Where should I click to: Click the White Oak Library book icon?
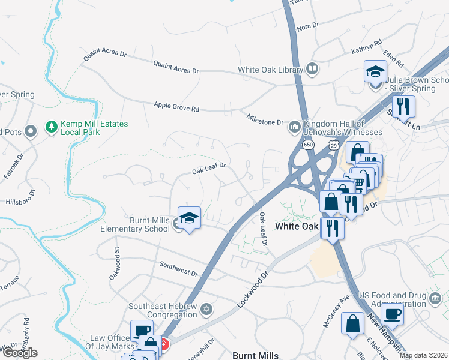tap(312, 70)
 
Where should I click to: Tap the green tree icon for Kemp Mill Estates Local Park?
tap(51, 128)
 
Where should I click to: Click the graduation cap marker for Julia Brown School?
tap(375, 73)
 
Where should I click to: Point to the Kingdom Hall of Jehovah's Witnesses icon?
tap(294, 127)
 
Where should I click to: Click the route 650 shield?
tap(308, 145)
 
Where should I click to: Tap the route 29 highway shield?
tap(334, 145)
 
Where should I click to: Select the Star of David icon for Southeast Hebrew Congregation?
tap(206, 310)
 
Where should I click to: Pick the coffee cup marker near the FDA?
tap(392, 314)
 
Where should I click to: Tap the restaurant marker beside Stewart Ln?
tap(403, 107)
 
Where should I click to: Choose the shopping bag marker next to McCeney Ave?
tap(352, 324)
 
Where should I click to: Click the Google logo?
tap(19, 353)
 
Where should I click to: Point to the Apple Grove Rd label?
tap(176, 107)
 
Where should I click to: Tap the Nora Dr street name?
tap(307, 27)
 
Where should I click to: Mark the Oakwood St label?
tap(117, 262)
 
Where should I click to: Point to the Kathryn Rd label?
tap(367, 48)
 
